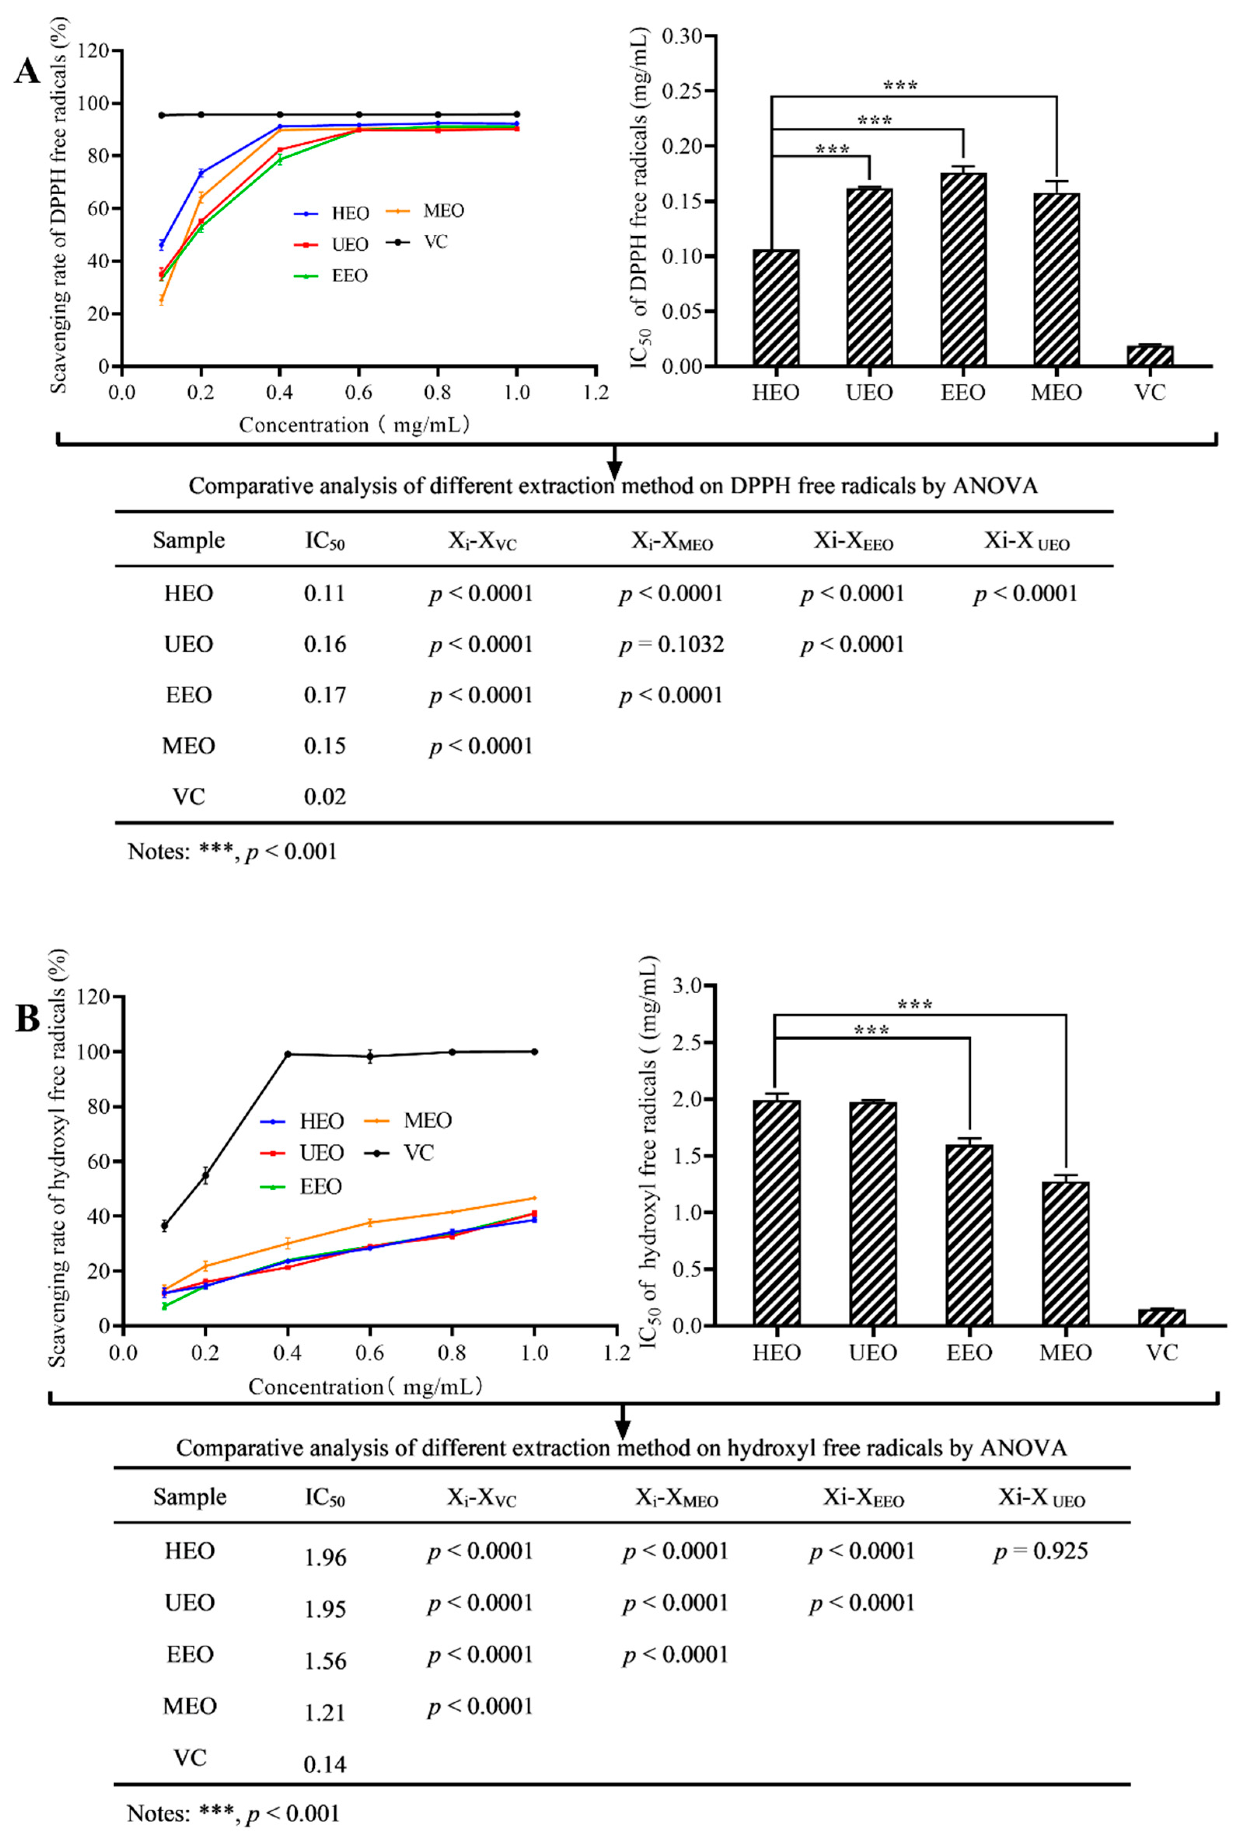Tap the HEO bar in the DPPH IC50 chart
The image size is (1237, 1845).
(x=775, y=308)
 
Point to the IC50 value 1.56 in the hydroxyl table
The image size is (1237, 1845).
(x=325, y=1660)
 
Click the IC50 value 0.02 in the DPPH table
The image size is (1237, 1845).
(x=325, y=797)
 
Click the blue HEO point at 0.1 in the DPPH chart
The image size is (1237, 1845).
(x=162, y=244)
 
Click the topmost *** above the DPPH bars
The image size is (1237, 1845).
(x=900, y=86)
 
